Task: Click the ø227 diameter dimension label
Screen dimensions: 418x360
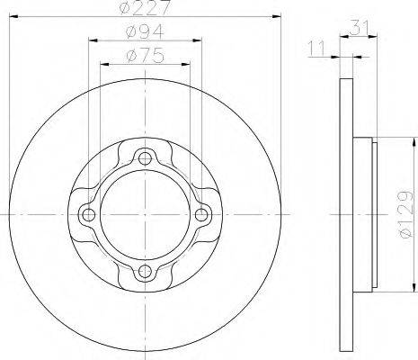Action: click(145, 7)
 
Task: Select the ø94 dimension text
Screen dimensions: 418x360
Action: click(145, 31)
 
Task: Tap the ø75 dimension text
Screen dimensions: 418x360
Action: click(146, 56)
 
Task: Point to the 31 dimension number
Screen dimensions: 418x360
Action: click(358, 28)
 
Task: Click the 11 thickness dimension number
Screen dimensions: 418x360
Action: click(316, 49)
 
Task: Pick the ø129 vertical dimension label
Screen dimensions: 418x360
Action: click(406, 214)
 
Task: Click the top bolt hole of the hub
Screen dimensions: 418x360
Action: click(145, 158)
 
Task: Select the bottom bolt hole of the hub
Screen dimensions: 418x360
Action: click(145, 271)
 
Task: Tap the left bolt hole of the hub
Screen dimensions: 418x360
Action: click(88, 214)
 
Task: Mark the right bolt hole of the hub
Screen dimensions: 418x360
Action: click(201, 214)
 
